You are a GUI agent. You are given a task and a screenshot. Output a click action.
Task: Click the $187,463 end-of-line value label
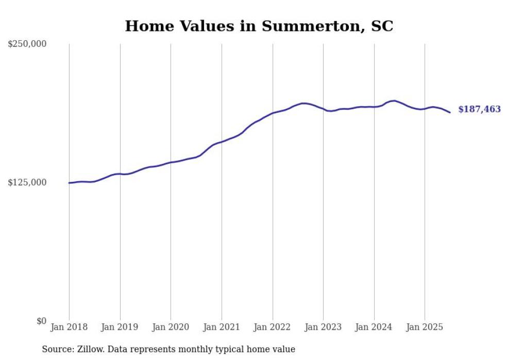point(479,109)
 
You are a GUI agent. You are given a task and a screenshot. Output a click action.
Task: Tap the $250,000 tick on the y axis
point(27,44)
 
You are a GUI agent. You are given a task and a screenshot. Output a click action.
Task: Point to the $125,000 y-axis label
point(27,182)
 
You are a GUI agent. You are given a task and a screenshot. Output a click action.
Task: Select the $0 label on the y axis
point(41,321)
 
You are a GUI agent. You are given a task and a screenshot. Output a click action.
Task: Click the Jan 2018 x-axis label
point(69,327)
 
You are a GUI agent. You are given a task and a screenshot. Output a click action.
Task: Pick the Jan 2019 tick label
point(120,327)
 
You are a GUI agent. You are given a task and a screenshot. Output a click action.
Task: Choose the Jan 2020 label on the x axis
point(171,327)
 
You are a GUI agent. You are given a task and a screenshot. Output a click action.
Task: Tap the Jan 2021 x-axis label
point(222,327)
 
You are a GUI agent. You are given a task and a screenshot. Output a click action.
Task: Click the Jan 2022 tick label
point(273,327)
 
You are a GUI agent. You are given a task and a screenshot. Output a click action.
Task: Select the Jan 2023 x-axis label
point(323,327)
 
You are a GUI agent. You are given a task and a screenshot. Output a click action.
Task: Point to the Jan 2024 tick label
point(374,327)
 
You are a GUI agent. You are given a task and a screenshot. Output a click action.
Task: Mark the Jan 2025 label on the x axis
point(425,327)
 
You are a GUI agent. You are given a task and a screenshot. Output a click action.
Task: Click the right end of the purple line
point(450,112)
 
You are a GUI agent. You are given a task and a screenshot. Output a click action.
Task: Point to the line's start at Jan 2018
point(69,183)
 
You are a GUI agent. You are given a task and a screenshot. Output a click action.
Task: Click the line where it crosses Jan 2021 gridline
point(222,142)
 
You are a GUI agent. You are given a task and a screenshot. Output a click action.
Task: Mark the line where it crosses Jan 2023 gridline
point(323,109)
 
